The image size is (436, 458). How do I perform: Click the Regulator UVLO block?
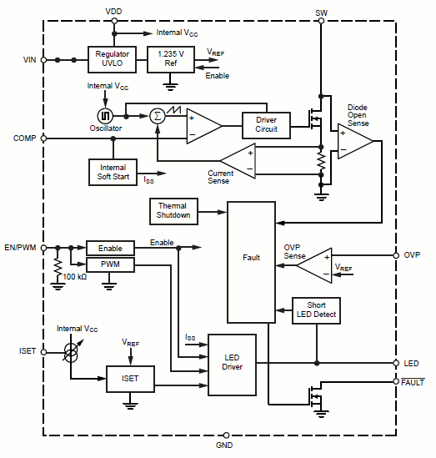click(x=112, y=60)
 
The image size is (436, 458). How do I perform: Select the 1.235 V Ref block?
click(x=170, y=60)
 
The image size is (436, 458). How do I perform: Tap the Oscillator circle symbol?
click(x=107, y=116)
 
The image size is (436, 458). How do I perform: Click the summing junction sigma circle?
click(x=157, y=116)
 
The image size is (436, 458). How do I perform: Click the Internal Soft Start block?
click(x=113, y=172)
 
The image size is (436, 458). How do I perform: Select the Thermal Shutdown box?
click(x=173, y=210)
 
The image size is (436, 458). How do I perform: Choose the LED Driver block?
click(x=232, y=364)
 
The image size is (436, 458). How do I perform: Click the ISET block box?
click(x=130, y=379)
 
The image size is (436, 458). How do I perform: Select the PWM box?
click(x=110, y=264)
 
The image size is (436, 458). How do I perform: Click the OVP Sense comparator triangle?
click(x=314, y=264)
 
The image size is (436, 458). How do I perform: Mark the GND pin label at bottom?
click(x=224, y=446)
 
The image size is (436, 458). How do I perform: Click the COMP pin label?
click(x=24, y=138)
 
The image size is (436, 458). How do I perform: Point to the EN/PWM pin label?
click(x=21, y=248)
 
